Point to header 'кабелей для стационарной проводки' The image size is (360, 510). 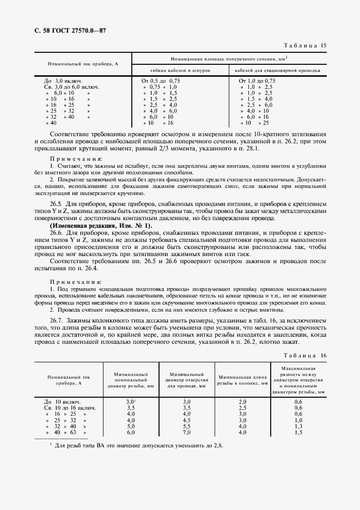pos(278,70)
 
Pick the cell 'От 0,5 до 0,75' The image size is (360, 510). pos(161,81)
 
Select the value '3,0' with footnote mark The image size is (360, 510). pos(131,401)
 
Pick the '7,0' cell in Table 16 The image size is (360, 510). pos(186,432)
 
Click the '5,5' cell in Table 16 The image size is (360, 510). pos(186,426)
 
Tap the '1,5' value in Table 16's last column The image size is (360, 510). pos(298,432)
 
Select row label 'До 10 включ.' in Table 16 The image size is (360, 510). pos(62,401)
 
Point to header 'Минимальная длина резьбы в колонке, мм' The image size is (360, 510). pos(243,380)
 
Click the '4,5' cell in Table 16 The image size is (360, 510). pos(186,420)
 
